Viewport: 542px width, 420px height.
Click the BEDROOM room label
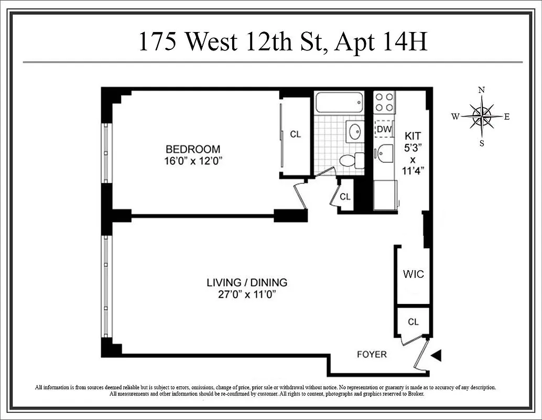point(193,149)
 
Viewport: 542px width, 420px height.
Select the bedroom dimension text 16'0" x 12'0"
point(193,161)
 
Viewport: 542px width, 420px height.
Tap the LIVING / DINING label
point(246,282)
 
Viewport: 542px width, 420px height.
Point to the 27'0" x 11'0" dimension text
point(246,295)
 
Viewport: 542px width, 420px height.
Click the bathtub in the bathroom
point(340,102)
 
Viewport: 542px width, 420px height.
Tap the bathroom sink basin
point(355,130)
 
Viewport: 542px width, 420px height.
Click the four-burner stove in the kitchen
point(384,102)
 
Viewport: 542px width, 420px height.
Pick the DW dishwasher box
point(384,129)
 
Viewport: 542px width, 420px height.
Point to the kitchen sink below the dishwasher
point(385,152)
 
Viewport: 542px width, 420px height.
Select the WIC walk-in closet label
point(413,274)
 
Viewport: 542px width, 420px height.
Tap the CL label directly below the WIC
point(413,322)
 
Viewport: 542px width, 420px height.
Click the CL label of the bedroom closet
point(296,134)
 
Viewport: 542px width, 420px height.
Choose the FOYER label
point(372,354)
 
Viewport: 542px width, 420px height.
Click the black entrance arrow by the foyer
point(436,356)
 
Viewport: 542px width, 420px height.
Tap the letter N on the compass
point(481,90)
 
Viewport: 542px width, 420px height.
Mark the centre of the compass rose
point(481,117)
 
